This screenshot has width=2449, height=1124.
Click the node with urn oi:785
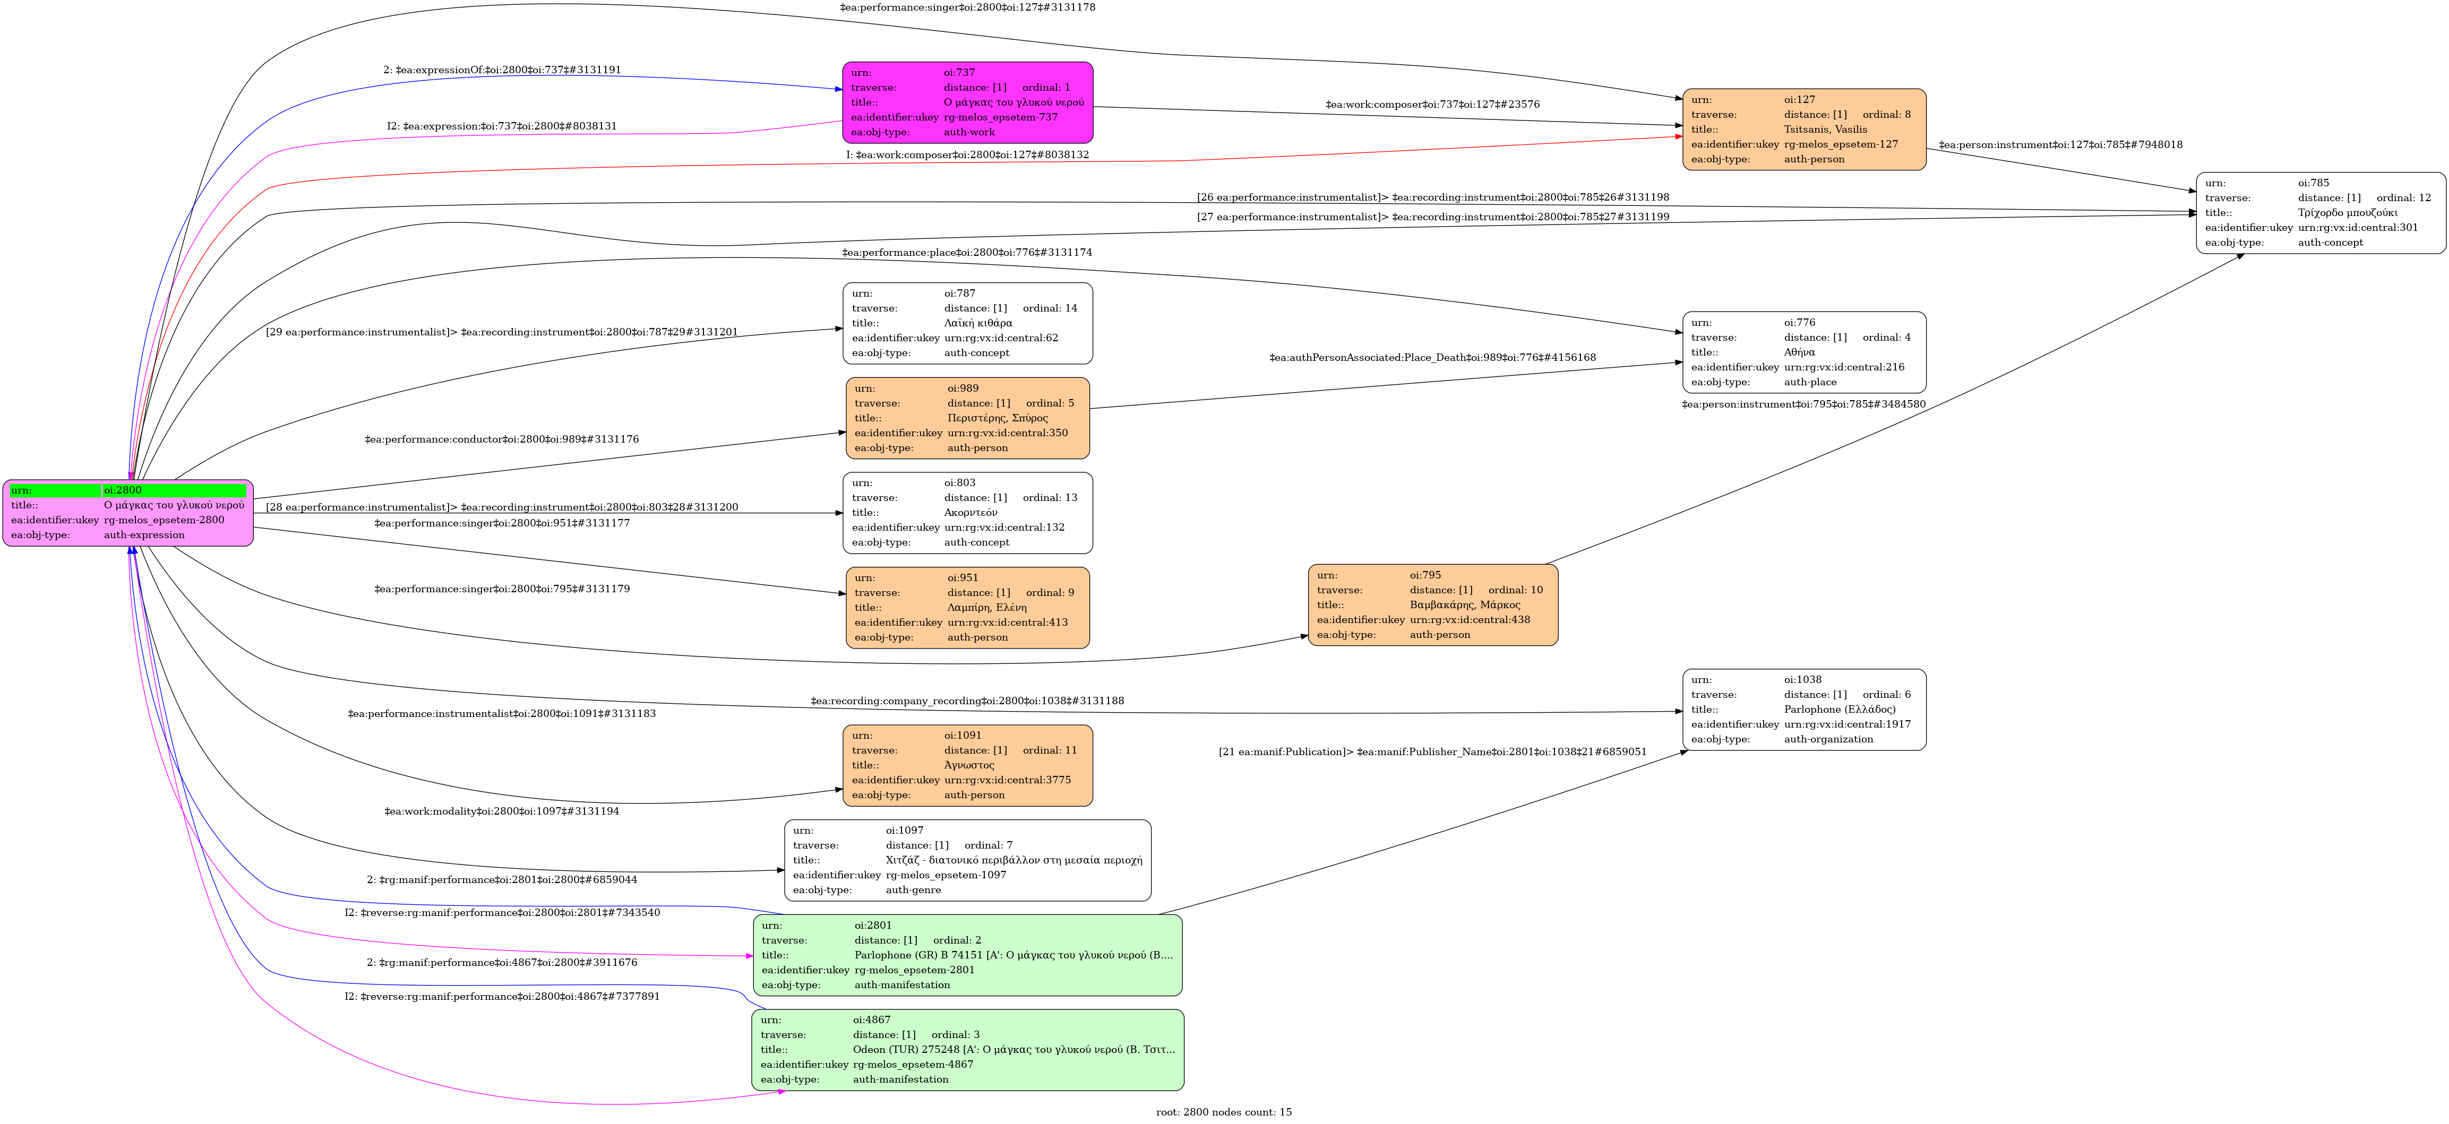click(x=2319, y=213)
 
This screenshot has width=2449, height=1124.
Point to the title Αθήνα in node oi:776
click(x=1799, y=352)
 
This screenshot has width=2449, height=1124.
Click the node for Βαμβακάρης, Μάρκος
click(x=1433, y=605)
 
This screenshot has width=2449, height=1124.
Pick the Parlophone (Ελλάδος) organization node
click(x=1803, y=710)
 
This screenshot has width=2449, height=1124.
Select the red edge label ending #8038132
click(x=968, y=155)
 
